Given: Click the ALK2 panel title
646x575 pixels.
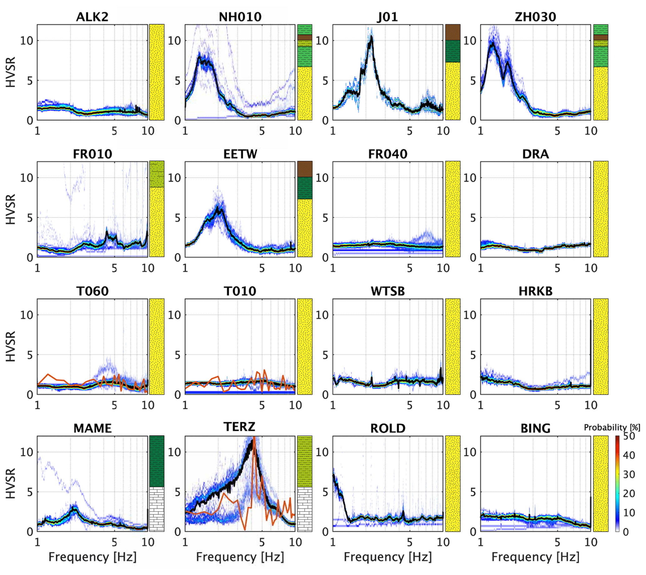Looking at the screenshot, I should coord(92,17).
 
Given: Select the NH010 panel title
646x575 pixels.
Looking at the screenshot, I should coord(240,17).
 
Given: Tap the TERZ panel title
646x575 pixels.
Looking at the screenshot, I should coord(240,427).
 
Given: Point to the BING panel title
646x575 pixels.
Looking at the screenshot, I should coord(535,428).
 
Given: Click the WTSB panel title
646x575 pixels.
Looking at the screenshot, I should coord(388,291).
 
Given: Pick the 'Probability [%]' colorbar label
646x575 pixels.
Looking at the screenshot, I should coord(612,427).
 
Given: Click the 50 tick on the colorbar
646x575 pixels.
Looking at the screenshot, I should coord(629,436).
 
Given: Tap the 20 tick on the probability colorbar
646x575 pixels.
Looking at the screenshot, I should coord(629,493).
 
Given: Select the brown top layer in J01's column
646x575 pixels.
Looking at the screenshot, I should coord(453,32).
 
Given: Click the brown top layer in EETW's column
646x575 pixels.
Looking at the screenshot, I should coord(305,169).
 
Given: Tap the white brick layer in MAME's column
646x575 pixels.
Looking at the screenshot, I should coord(157,509).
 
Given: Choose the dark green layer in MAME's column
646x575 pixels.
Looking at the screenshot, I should coord(157,461).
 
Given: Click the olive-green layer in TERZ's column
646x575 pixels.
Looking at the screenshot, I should coord(305,461).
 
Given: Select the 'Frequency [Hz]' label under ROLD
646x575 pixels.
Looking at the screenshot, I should coord(388,557).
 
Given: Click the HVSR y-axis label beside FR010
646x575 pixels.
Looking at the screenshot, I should coord(11,209).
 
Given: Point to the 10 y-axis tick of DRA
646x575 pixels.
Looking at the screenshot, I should coord(470,178).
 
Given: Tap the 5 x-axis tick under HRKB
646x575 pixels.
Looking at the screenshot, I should coord(557,405).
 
